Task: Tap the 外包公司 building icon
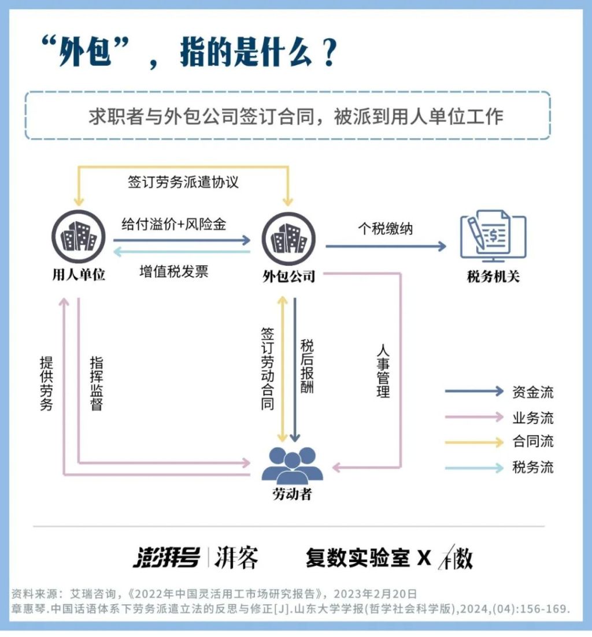pos(288,239)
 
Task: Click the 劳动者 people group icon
pos(293,465)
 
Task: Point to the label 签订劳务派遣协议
pos(183,182)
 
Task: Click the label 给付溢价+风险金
pos(173,224)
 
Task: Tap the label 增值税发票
pos(173,271)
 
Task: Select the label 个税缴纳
pos(386,229)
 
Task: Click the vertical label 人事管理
pos(383,371)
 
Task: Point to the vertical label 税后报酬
pos(307,366)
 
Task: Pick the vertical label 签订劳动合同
pos(268,369)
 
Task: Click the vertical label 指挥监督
pos(97,383)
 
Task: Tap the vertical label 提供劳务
pos(46,383)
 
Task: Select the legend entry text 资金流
pos(533,392)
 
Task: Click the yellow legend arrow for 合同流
pos(474,442)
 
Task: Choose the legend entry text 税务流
pos(533,467)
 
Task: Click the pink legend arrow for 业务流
pos(474,417)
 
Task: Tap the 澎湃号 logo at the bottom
pos(166,557)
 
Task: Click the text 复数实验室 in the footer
pos(358,557)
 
